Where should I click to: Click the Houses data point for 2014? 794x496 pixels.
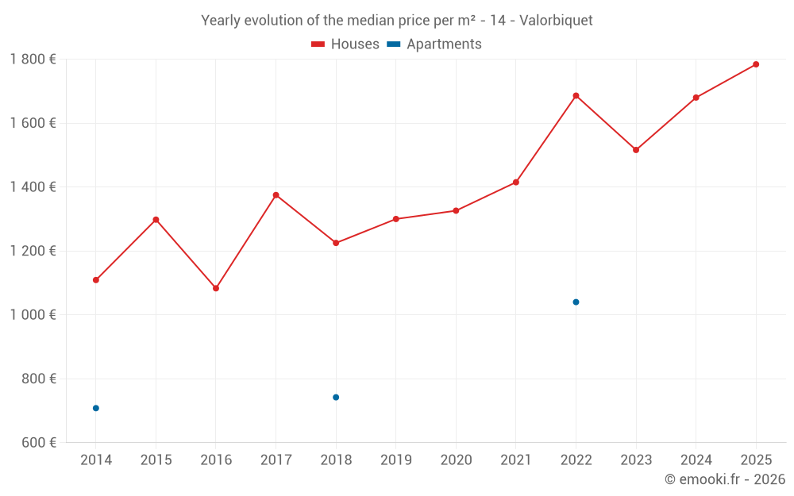tap(96, 280)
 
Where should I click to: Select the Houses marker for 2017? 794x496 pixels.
tap(276, 195)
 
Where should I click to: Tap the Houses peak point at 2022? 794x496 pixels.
tap(576, 96)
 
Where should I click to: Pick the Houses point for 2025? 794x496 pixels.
tap(756, 64)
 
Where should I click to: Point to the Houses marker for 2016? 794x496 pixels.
tap(216, 288)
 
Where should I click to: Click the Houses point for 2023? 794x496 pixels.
tap(636, 150)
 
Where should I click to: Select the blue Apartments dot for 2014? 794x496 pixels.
tap(96, 408)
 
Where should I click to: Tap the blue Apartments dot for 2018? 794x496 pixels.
tap(336, 397)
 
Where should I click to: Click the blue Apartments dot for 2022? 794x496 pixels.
tap(576, 302)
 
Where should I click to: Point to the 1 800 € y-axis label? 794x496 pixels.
tap(33, 60)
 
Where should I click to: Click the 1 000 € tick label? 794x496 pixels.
tap(33, 315)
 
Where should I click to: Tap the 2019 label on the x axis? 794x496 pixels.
tap(395, 459)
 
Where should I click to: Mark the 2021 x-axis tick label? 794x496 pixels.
tap(516, 459)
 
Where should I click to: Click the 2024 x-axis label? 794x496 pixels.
tap(696, 459)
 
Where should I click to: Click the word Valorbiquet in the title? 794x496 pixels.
tap(556, 21)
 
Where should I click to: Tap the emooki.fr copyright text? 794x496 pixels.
tap(724, 479)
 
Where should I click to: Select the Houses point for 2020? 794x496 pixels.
tap(456, 211)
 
